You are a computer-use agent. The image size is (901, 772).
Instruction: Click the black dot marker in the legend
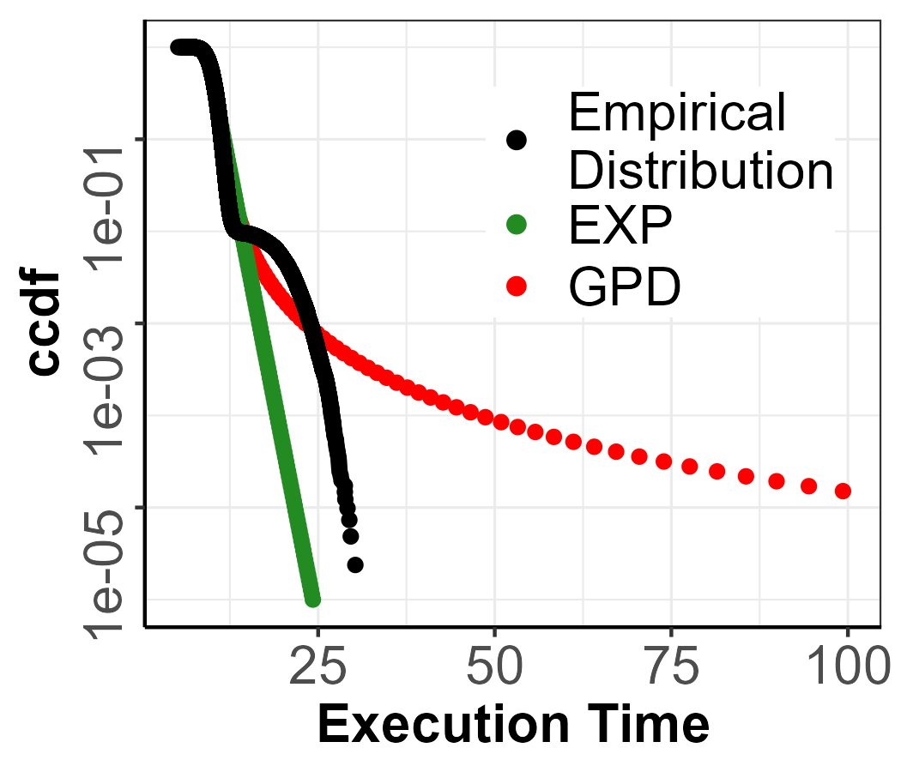(517, 140)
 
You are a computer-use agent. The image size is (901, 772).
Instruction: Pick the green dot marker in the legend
(517, 226)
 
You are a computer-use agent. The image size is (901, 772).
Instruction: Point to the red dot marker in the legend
(517, 287)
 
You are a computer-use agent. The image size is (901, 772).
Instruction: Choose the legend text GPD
(624, 288)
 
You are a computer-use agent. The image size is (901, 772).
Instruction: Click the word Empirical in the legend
(677, 113)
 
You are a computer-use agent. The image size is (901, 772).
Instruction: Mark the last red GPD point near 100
(843, 491)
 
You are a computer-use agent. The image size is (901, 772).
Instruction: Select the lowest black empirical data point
(355, 564)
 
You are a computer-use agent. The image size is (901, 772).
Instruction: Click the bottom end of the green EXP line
(312, 599)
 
